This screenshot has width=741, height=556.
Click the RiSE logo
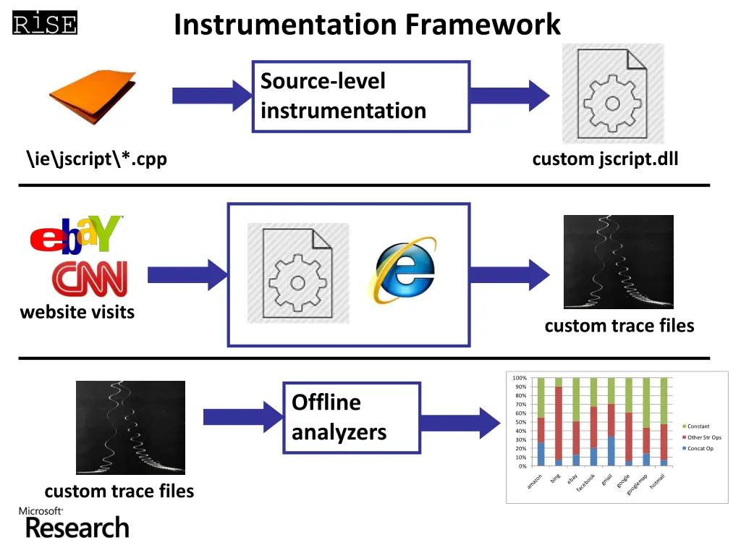click(45, 24)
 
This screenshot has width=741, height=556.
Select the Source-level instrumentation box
click(360, 96)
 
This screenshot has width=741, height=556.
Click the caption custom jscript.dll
click(605, 159)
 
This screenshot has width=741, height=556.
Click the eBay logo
click(76, 235)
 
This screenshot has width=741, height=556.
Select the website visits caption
click(77, 313)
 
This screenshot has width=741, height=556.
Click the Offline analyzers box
click(351, 418)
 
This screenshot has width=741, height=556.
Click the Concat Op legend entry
click(699, 448)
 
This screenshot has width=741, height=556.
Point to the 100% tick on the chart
click(520, 379)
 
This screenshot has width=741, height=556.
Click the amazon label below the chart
click(535, 481)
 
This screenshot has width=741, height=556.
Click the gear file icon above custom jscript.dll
click(613, 94)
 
